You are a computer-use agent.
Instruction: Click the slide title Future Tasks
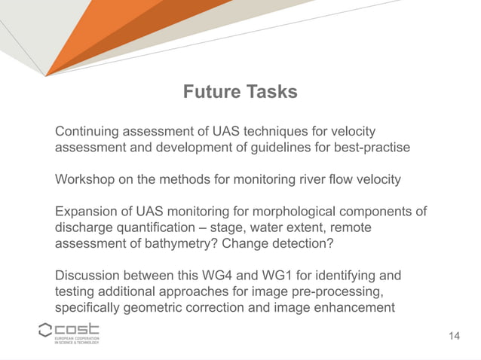[x=240, y=92]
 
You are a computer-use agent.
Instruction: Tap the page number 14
[x=453, y=335]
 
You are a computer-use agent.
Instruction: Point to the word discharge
[x=84, y=227]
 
